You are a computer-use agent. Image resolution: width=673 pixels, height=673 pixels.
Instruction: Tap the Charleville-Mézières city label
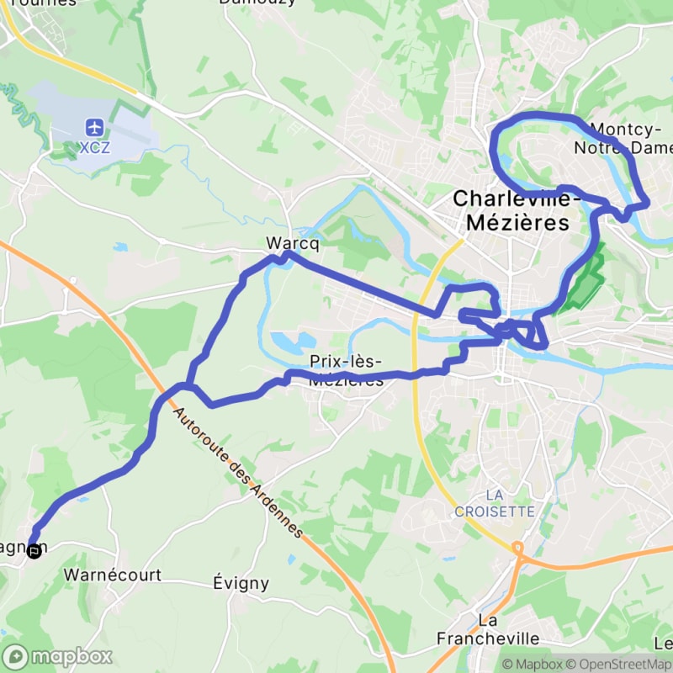pyautogui.click(x=511, y=211)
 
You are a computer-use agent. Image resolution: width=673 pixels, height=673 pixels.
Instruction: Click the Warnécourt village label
pyautogui.click(x=112, y=576)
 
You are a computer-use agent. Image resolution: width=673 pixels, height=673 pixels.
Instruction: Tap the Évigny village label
pyautogui.click(x=241, y=582)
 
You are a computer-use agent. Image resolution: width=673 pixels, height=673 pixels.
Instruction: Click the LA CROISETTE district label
pyautogui.click(x=494, y=503)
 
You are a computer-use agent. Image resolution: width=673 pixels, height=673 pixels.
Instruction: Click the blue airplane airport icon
pyautogui.click(x=93, y=128)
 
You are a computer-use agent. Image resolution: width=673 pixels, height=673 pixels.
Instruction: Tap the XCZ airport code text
pyautogui.click(x=93, y=148)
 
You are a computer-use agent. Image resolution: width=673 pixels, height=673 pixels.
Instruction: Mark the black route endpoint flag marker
pyautogui.click(x=34, y=552)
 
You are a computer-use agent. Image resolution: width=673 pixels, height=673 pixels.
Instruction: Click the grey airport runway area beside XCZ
pyautogui.click(x=126, y=130)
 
